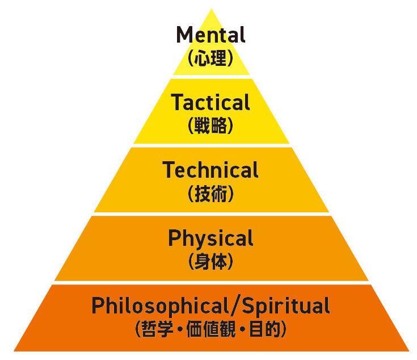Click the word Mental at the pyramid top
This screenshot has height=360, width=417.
[210, 35]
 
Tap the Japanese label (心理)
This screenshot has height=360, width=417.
[210, 58]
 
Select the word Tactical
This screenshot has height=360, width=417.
[210, 103]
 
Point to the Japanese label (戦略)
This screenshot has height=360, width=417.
[210, 126]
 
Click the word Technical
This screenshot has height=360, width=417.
[210, 170]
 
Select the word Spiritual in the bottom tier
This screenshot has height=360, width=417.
[286, 306]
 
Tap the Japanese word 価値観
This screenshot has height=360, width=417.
[210, 329]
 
